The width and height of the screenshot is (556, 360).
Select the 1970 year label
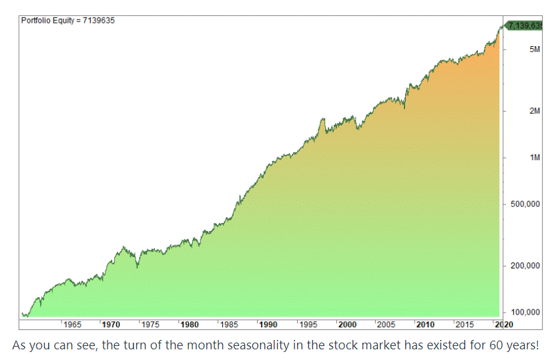coord(111,325)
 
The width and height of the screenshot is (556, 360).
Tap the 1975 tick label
coord(150,325)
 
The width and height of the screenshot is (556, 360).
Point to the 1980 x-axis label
coord(190,325)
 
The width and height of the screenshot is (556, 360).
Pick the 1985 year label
coord(229,325)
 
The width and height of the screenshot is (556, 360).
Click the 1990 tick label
coord(268,325)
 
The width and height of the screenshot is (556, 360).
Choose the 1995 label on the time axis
coord(308,325)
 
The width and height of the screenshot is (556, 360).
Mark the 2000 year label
coord(347,325)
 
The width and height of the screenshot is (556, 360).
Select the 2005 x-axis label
coord(386,325)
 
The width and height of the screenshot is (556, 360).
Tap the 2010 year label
coord(425,325)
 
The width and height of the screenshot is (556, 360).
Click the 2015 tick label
coord(465,325)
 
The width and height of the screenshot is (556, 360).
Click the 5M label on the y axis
coord(534,50)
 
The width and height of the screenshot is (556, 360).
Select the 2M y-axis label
coord(534,111)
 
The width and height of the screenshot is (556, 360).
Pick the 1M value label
coord(534,158)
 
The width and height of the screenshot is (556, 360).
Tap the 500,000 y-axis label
coord(525,204)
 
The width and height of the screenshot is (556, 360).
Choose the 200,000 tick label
coord(525,266)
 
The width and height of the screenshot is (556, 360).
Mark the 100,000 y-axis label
coord(525,312)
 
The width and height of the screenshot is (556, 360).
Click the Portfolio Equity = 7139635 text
coord(68,20)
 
